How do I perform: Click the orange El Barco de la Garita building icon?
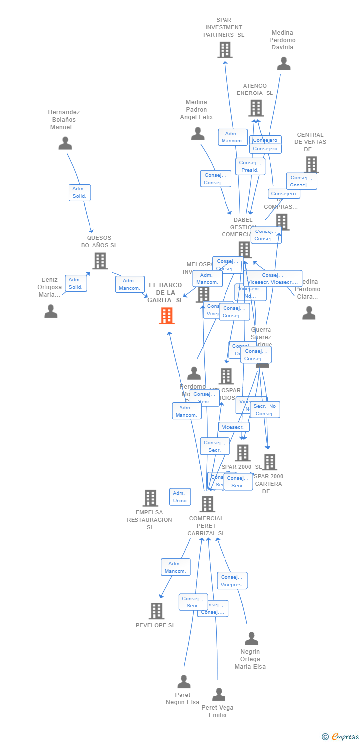pos(167,315)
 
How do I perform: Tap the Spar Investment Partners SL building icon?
pos(225,49)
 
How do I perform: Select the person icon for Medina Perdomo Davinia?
pos(283,64)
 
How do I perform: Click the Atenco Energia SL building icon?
pos(256,108)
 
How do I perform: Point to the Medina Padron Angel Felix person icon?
pos(198,134)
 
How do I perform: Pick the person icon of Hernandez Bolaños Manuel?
pos(65,143)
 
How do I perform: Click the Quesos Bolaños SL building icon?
pos(100,261)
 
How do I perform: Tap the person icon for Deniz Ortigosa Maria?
pos(51,311)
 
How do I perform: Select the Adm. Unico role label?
pos(180,497)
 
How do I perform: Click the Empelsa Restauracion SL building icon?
pos(150,498)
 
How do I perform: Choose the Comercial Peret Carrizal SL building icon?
pos(207,504)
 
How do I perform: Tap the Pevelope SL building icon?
pos(156,611)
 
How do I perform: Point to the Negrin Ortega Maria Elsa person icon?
pos(251,639)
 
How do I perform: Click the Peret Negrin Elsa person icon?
pos(184,682)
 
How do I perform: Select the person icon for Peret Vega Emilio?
pos(219,695)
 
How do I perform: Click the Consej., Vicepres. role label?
pos(232,581)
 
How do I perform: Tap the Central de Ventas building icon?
pos(311,164)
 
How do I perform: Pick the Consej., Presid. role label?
pos(250,166)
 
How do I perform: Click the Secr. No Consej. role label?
pos(265,410)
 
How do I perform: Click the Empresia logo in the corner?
pos(341,737)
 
